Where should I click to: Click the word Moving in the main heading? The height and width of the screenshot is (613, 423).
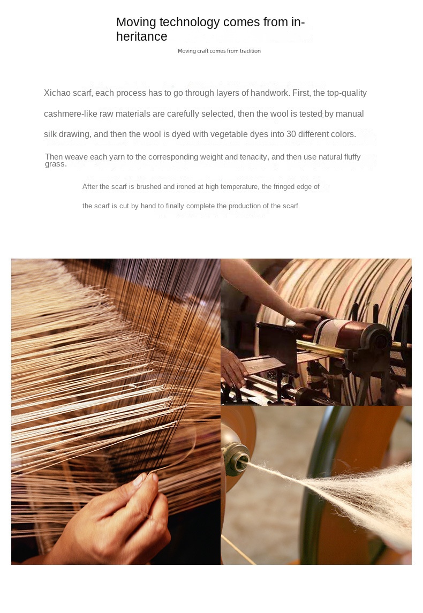[x=136, y=22]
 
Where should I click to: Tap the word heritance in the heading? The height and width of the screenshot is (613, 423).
[x=141, y=36]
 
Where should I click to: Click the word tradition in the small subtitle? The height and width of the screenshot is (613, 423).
[x=250, y=51]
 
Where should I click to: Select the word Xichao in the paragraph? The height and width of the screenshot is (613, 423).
[x=57, y=93]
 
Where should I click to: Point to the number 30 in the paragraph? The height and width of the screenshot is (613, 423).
[x=291, y=134]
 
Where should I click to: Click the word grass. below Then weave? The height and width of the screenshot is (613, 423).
[x=56, y=164]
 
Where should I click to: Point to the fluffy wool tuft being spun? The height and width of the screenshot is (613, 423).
[x=364, y=493]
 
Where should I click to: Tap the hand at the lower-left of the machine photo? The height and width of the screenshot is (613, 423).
[x=234, y=366]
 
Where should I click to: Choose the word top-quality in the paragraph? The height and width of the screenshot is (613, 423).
[x=347, y=93]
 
